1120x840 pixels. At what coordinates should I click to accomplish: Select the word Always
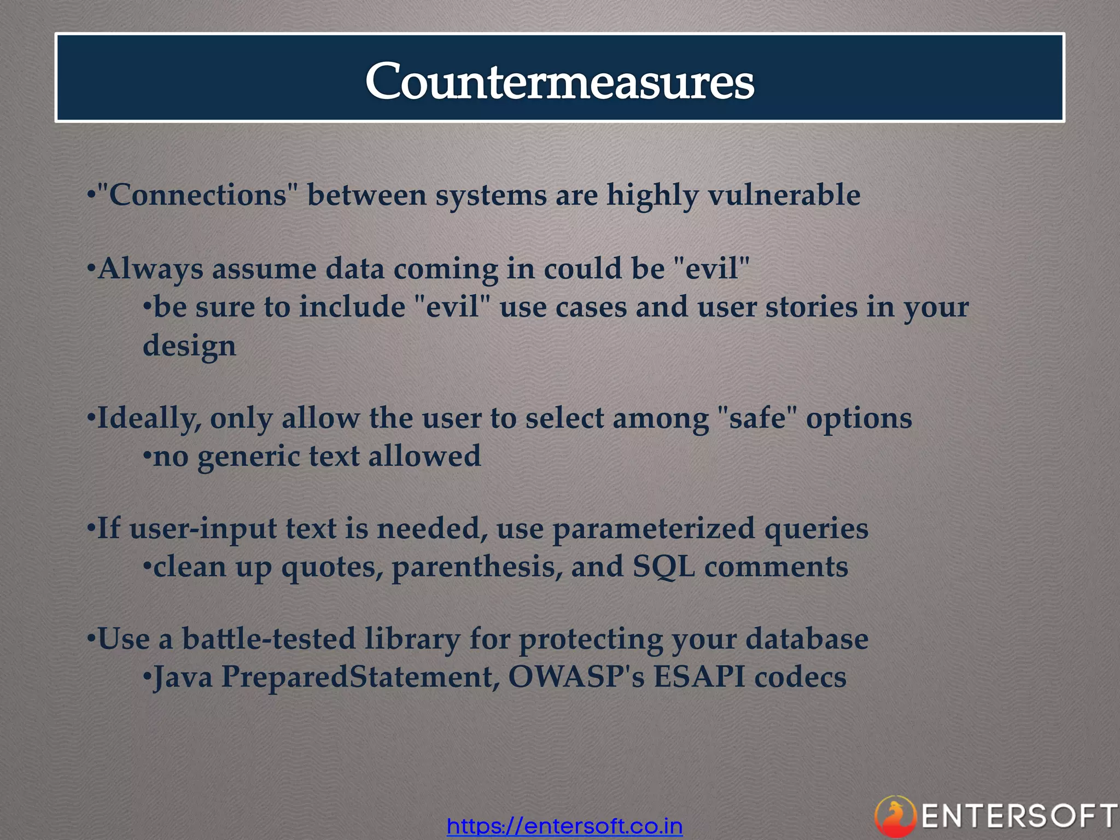(150, 269)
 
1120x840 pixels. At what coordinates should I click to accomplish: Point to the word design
(189, 346)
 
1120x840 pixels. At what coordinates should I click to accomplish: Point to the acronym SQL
(663, 567)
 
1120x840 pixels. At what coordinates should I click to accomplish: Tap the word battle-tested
(269, 639)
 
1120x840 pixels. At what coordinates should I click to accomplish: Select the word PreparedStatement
(360, 677)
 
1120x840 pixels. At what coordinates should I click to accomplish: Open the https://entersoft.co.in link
(564, 826)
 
